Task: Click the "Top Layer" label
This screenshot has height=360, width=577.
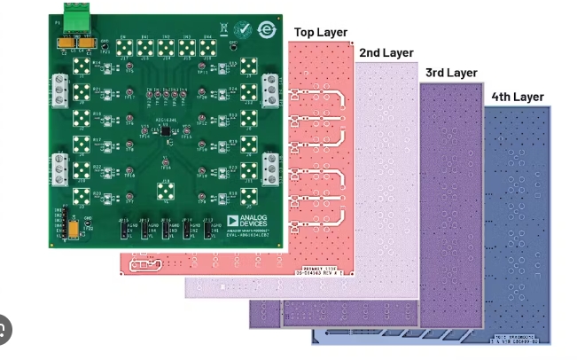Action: (321, 33)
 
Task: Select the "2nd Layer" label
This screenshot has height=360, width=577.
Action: (386, 53)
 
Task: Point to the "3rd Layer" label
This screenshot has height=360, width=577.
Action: (452, 73)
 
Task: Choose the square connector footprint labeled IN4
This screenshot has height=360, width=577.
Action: (207, 48)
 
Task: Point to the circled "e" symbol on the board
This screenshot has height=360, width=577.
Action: (264, 29)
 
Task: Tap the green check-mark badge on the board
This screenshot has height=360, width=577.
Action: (245, 30)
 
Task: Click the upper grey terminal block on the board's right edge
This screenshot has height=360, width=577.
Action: (272, 89)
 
